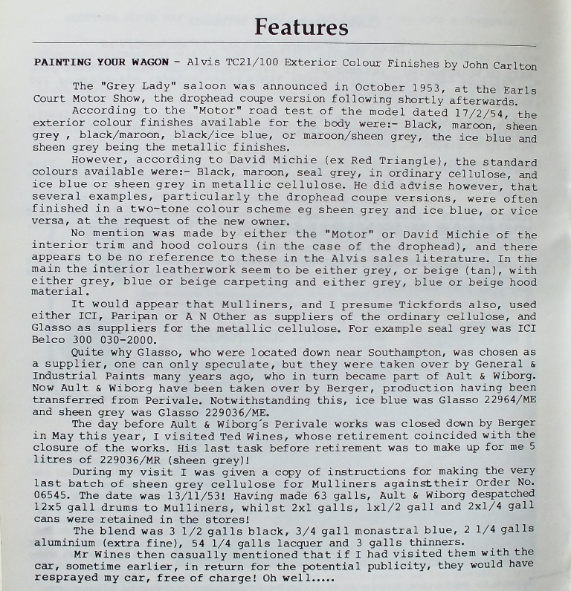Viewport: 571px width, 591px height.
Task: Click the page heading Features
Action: (x=301, y=27)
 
